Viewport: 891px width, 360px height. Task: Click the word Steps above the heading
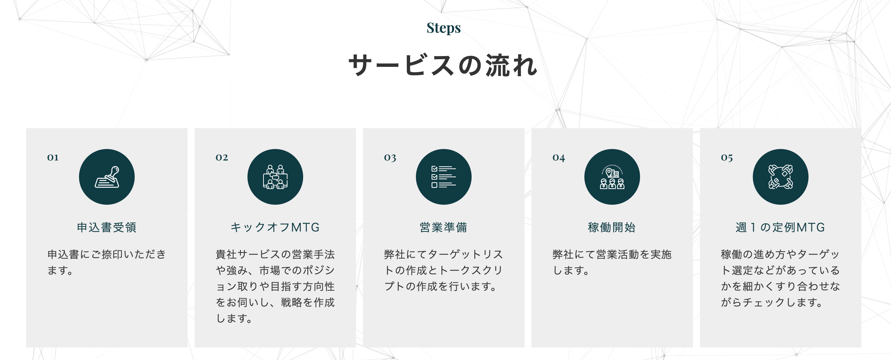[x=443, y=28]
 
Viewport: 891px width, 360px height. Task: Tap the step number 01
[x=53, y=158]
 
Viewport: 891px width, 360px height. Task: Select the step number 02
[x=222, y=158]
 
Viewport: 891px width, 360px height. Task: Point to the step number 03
[x=390, y=158]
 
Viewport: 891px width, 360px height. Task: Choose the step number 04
[x=559, y=158]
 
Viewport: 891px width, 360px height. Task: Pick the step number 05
[x=727, y=158]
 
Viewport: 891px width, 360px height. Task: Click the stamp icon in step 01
[x=107, y=177]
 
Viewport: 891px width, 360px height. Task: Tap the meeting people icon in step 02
[x=275, y=177]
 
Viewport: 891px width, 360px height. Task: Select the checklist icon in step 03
[x=444, y=177]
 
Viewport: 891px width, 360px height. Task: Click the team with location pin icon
[x=612, y=177]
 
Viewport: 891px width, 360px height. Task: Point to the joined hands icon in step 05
[x=781, y=177]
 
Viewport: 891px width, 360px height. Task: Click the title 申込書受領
[x=107, y=227]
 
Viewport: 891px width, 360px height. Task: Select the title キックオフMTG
[x=275, y=227]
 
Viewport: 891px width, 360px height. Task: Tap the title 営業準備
[x=444, y=227]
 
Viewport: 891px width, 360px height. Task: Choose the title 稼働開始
[x=612, y=227]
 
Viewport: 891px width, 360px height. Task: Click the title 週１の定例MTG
[x=780, y=227]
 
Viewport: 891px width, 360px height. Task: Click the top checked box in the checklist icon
[x=434, y=169]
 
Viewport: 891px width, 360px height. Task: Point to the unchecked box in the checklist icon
[x=434, y=185]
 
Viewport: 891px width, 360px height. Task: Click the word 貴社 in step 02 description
[x=226, y=255]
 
